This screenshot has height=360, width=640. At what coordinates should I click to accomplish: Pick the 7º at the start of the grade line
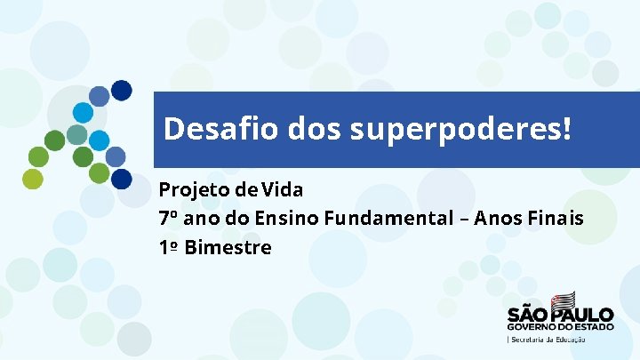[169, 218]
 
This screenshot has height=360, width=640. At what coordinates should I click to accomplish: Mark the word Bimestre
[228, 247]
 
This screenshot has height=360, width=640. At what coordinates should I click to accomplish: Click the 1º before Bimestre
[168, 247]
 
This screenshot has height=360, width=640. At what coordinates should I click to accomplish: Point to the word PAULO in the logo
[583, 315]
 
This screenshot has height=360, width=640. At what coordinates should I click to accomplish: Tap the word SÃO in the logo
[527, 315]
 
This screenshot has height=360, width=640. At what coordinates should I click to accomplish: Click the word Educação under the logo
[569, 339]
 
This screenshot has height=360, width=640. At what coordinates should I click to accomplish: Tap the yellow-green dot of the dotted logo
[33, 179]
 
